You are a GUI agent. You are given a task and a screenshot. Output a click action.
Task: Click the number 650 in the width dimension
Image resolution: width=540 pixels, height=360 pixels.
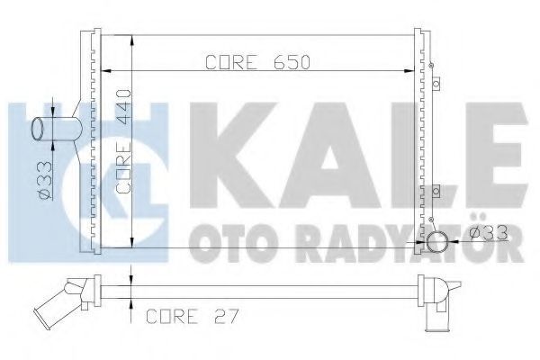(x=292, y=62)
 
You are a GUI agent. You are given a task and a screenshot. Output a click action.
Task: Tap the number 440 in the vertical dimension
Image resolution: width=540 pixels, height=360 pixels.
(x=124, y=103)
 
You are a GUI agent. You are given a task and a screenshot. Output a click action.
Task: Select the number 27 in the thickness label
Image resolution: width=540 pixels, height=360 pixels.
(x=226, y=316)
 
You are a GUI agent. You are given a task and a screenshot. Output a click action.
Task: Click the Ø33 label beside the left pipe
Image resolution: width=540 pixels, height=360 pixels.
(x=45, y=181)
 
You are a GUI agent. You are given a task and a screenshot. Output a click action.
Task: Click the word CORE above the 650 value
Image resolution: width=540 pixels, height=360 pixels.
(x=231, y=62)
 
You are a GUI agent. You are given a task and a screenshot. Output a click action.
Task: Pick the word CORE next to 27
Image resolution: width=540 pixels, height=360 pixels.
(x=172, y=316)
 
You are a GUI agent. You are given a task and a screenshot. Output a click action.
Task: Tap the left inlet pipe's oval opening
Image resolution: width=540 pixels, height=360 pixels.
(x=38, y=129)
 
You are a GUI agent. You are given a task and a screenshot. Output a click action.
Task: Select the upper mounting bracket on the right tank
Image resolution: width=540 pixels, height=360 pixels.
(x=436, y=84)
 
